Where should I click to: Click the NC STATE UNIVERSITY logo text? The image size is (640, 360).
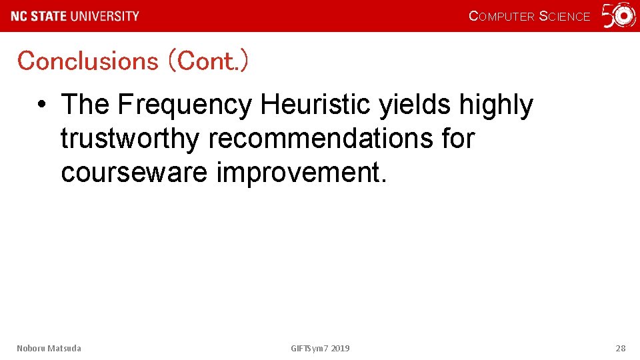pos(75,16)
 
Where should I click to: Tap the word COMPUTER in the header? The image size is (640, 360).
pos(501,17)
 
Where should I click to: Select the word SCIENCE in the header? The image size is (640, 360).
pos(564,17)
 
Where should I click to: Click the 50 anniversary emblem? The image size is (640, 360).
pos(619,16)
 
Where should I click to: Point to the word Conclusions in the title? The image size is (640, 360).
pos(87,61)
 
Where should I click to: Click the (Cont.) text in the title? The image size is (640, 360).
pos(209,61)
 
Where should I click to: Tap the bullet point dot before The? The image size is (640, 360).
pos(41,105)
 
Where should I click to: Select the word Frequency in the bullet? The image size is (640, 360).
pos(185,105)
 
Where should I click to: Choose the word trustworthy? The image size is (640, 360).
pos(130,139)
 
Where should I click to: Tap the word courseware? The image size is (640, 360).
pos(134,173)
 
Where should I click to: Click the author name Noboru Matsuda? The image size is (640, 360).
pos(49,348)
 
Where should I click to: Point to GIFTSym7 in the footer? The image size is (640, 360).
pos(309,348)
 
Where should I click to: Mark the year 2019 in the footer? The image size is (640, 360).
pos(340,348)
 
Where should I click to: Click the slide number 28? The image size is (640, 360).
pos(620,348)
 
